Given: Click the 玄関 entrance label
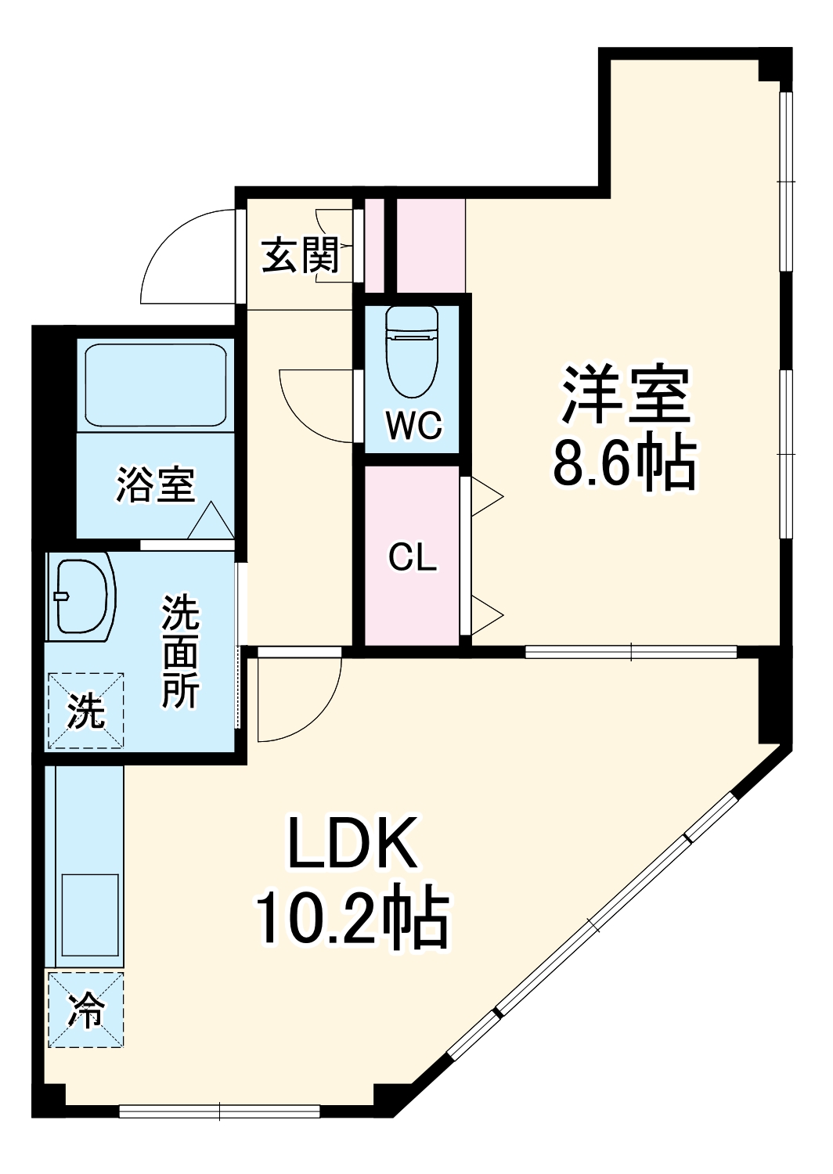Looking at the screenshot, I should click(300, 255).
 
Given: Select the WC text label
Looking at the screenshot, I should click(413, 426).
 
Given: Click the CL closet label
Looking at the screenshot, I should click(413, 558).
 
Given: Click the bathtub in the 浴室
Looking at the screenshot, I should click(155, 385).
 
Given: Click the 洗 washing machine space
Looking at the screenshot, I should click(85, 710).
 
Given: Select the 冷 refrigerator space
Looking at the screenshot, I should click(85, 1010).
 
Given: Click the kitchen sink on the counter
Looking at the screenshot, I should click(88, 916).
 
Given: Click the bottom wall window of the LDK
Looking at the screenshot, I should click(219, 1110).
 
